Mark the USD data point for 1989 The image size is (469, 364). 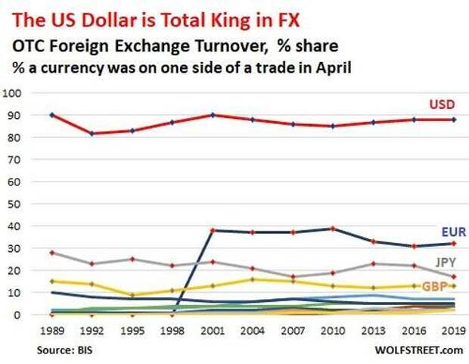[51, 115]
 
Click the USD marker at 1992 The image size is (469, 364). [92, 134]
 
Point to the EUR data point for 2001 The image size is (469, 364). [213, 230]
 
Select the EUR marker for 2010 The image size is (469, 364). [333, 228]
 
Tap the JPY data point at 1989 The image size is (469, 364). [51, 253]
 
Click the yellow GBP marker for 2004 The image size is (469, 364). [253, 279]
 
